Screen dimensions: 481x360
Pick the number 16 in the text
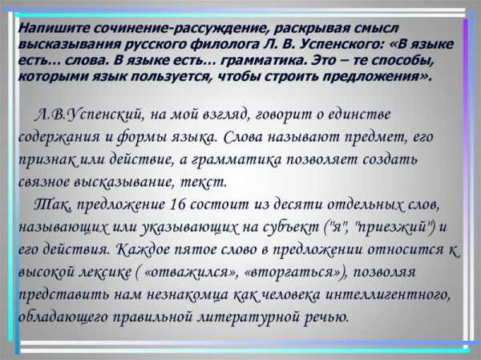[x=178, y=204]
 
